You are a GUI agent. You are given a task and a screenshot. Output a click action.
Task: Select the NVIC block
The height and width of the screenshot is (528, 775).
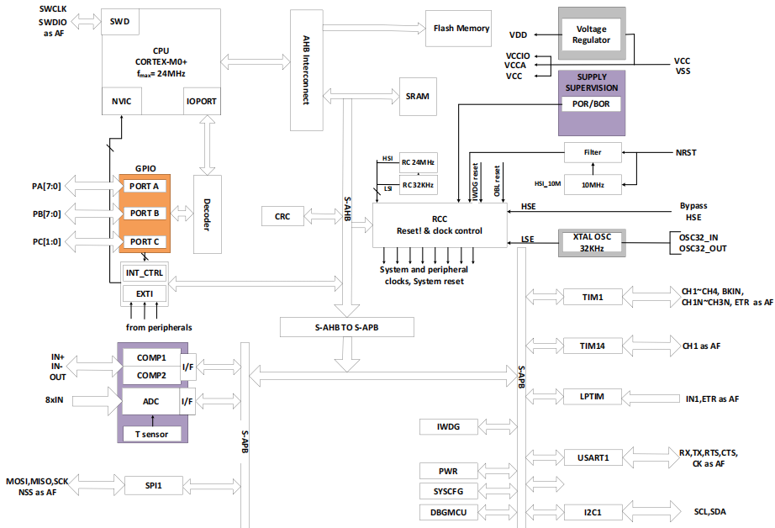click(120, 101)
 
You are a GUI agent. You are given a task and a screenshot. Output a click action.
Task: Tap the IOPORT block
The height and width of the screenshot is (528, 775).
click(202, 101)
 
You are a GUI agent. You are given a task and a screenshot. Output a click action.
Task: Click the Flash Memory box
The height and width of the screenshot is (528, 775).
click(461, 29)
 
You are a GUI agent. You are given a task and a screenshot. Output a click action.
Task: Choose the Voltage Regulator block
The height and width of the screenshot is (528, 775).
click(590, 34)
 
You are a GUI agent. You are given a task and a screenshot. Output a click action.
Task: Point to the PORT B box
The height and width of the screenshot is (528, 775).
click(144, 214)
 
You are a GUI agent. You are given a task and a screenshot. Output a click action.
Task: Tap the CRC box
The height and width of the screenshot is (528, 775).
click(282, 216)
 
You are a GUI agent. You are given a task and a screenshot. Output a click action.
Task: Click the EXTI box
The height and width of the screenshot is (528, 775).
click(144, 293)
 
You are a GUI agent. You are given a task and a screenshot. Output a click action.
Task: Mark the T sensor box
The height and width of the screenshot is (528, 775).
click(150, 433)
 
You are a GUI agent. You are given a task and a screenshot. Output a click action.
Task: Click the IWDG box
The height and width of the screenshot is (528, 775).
click(447, 427)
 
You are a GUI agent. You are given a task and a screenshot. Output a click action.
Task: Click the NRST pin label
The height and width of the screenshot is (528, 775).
click(685, 153)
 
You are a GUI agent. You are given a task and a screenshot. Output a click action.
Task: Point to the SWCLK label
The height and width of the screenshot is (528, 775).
click(55, 8)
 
